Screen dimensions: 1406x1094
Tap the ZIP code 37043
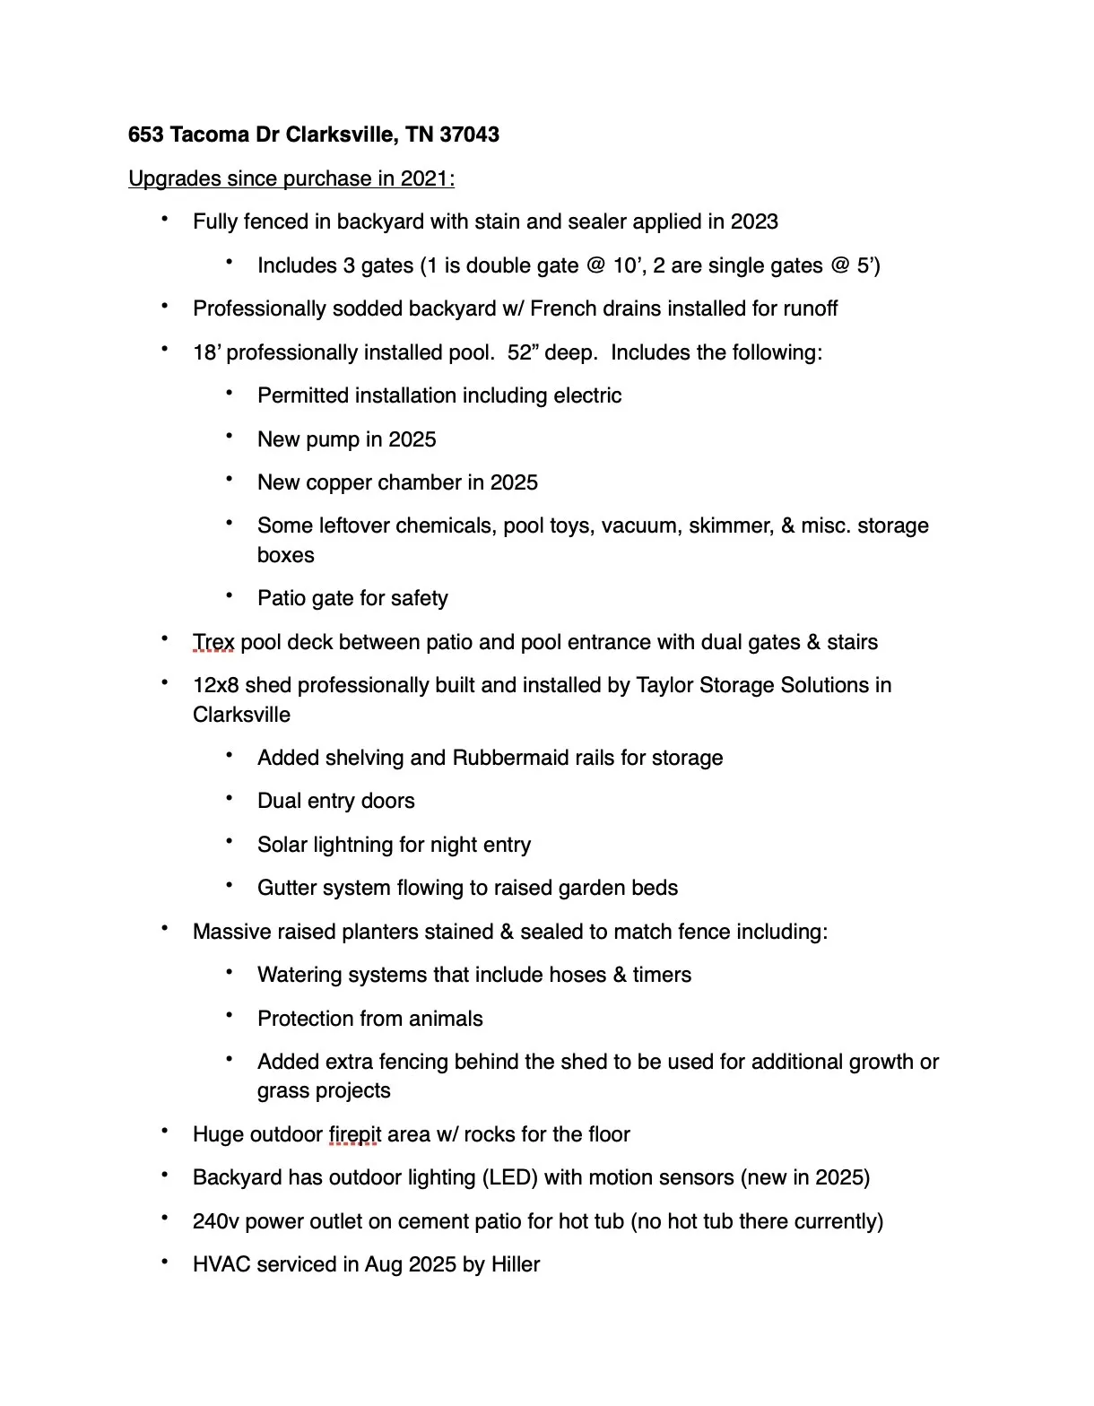pos(470,135)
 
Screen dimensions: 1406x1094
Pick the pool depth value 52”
pos(520,352)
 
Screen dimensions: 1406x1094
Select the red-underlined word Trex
pos(213,642)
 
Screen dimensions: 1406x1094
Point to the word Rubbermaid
pos(507,758)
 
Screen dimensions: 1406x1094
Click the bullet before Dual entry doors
pos(230,798)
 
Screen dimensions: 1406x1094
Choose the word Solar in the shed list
pos(282,845)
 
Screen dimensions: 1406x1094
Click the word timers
pos(662,975)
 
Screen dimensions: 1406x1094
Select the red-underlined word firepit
pos(354,1134)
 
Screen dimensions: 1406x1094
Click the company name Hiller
pos(516,1264)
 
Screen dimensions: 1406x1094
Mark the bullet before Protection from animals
pos(230,1016)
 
